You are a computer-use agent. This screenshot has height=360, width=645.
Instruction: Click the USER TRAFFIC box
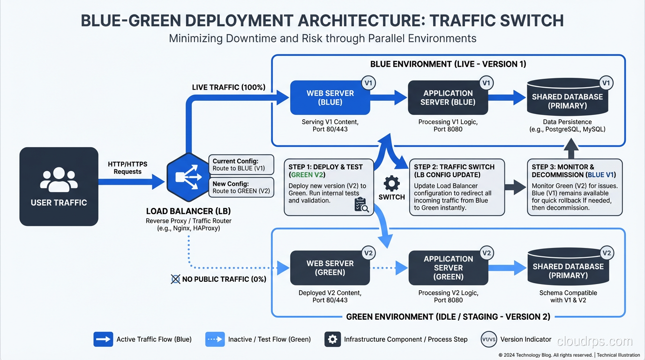tap(59, 187)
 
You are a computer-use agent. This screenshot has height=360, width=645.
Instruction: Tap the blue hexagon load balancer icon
tap(186, 177)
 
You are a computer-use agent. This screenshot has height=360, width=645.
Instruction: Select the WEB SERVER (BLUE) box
tap(330, 97)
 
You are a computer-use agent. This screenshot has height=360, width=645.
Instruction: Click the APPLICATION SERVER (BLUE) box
tap(448, 97)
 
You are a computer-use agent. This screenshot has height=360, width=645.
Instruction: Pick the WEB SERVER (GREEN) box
tap(330, 268)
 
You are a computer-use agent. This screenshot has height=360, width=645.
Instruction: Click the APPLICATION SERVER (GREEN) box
tap(448, 268)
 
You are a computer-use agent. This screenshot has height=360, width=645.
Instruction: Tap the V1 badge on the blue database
tap(606, 83)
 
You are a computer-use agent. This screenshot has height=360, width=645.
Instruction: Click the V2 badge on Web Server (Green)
tap(368, 253)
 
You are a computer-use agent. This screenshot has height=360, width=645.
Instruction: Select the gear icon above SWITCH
tap(391, 183)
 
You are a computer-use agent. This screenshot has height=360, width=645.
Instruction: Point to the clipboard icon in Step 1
tap(361, 205)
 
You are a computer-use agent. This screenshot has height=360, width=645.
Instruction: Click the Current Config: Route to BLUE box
tap(240, 165)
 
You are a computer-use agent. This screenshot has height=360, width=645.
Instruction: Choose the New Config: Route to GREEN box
tap(241, 187)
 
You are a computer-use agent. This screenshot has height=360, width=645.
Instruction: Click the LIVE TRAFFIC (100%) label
tap(229, 87)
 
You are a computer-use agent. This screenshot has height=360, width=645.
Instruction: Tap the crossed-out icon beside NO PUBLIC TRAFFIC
tap(175, 279)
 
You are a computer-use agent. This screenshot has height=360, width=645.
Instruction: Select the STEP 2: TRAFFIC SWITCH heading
tap(454, 171)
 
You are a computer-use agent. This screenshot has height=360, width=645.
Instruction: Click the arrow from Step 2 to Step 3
tap(516, 187)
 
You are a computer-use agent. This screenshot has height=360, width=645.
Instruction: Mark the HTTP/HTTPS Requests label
tap(127, 168)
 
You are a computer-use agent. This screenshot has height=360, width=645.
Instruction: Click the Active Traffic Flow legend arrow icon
tap(103, 339)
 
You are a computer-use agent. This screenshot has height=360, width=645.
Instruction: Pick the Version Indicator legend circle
tap(488, 339)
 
